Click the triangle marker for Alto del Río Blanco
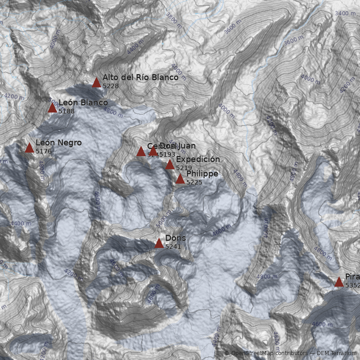pos(96,82)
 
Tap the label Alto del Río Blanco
pos(140,77)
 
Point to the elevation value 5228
pos(111,86)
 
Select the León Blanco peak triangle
pos(52,108)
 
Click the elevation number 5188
pos(67,111)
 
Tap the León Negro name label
pos(58,143)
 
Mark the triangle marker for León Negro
pos(30,148)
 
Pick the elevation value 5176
pos(44,151)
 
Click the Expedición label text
pos(198,159)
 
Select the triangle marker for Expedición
pos(170,164)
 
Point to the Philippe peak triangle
pos(180,179)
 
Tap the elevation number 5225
pos(194,182)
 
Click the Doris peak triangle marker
pos(159,243)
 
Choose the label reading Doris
pos(175,238)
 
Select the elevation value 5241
pos(173,247)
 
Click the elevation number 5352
pos(352,285)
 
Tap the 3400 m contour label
pos(345,13)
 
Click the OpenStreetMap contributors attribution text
pos(269,353)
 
